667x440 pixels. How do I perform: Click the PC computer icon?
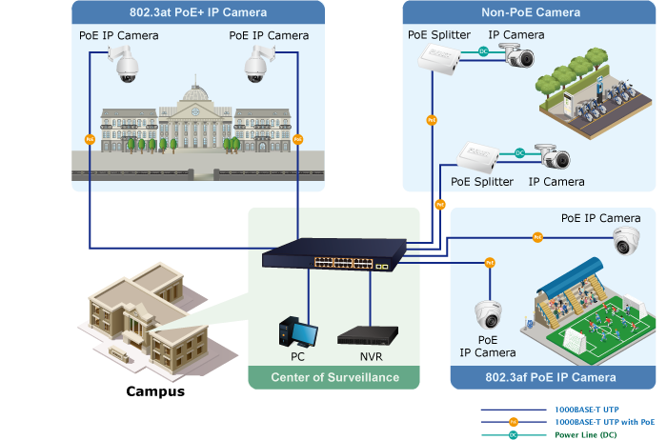[x=297, y=332]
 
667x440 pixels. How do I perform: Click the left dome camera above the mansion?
[x=125, y=64]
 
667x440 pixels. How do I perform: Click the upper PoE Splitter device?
[x=438, y=61]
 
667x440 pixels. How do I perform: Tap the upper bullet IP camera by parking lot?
[x=520, y=58]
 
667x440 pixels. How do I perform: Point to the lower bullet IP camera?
[x=554, y=155]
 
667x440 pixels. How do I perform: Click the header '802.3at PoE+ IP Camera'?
[x=197, y=12]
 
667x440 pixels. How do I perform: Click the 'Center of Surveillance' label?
[x=334, y=378]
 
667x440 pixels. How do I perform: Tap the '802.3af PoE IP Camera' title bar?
[x=550, y=377]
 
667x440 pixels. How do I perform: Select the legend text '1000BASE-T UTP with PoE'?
[x=604, y=421]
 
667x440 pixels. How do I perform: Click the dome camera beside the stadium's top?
[x=626, y=239]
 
